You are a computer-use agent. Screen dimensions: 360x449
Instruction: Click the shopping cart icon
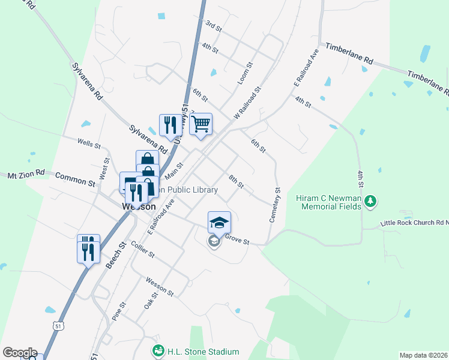[201, 124]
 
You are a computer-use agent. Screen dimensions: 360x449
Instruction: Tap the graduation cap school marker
[219, 223]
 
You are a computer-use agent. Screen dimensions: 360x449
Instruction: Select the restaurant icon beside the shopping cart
[170, 125]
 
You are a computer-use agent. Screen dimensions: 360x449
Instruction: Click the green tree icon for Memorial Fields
[372, 201]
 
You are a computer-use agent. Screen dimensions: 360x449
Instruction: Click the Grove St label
[237, 239]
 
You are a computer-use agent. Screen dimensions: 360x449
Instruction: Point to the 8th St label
[236, 181]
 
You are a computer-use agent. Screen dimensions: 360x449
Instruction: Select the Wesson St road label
[160, 286]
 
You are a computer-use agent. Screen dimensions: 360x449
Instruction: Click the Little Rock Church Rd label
[414, 224]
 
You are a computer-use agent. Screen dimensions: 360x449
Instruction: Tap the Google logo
[20, 352]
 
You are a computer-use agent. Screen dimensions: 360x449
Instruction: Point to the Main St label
[173, 173]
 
